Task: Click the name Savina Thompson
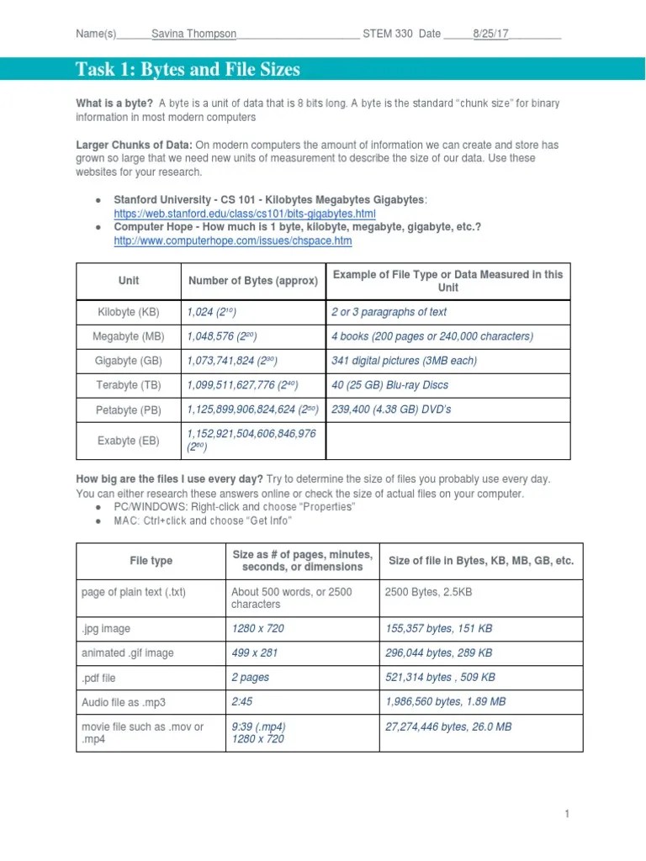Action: (193, 34)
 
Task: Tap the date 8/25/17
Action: (490, 34)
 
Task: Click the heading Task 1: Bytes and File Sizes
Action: (188, 70)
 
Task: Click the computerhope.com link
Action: (233, 240)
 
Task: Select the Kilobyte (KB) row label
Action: (129, 312)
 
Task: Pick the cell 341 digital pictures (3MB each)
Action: (404, 361)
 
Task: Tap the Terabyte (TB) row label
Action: (129, 385)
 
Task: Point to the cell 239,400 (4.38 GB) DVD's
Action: (391, 409)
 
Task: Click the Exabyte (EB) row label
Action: (129, 440)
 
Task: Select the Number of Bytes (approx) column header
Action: (253, 281)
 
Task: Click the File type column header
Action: (151, 561)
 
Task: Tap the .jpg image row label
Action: (106, 628)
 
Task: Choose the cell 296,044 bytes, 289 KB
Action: (438, 652)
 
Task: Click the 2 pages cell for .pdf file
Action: (252, 677)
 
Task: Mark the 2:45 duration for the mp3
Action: (242, 701)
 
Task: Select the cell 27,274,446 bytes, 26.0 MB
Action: (447, 726)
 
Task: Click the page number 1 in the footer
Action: (568, 814)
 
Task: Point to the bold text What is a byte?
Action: (114, 103)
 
